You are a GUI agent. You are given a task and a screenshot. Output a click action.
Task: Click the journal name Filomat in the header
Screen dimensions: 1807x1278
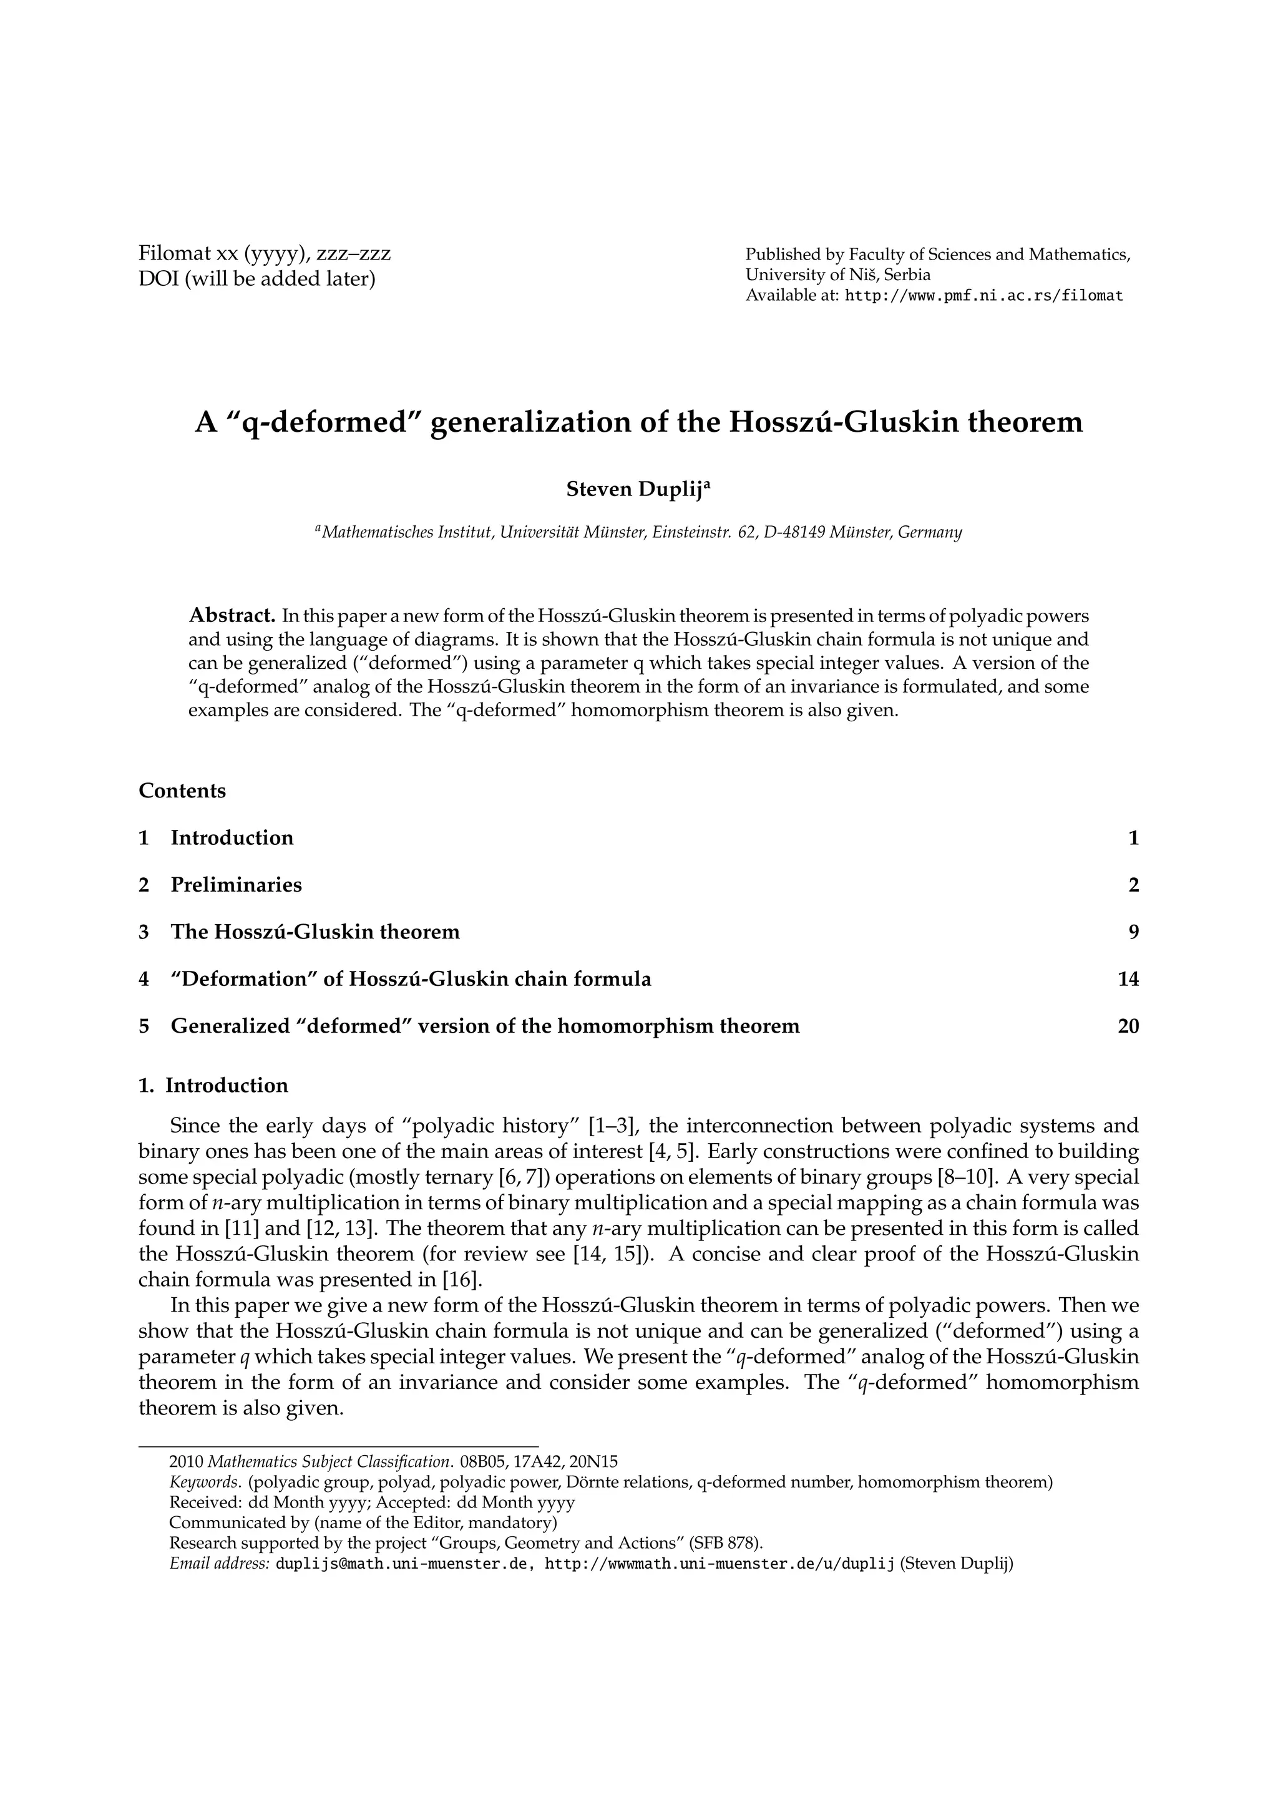pos(174,254)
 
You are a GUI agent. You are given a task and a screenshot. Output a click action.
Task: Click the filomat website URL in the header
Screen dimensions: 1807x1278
pos(983,296)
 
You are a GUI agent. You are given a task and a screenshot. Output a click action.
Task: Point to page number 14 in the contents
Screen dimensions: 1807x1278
pos(1128,979)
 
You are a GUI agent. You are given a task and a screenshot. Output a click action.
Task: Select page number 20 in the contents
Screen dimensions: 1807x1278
pos(1128,1026)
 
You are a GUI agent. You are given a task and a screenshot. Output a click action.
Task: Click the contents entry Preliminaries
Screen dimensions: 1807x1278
pos(236,885)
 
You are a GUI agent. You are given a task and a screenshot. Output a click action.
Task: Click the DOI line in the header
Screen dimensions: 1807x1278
pos(256,279)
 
